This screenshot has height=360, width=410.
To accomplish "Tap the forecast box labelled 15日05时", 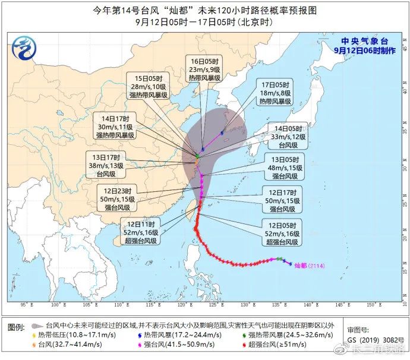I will point(149,87).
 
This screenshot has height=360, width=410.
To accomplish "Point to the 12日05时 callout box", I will point(283,233).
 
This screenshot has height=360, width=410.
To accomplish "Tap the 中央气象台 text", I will point(364,41).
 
